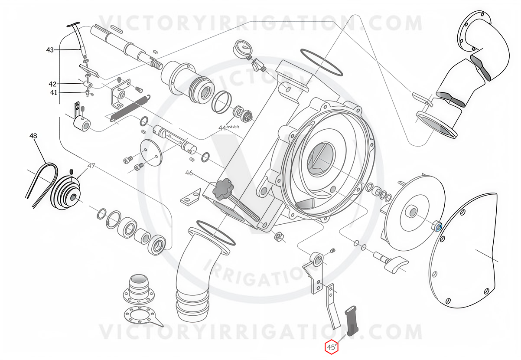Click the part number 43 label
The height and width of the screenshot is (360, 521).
click(x=50, y=50)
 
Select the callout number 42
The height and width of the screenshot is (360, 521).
click(x=52, y=84)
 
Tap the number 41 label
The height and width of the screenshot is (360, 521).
click(x=53, y=93)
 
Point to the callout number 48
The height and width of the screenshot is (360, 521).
click(x=33, y=136)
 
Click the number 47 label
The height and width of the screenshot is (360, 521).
click(x=91, y=166)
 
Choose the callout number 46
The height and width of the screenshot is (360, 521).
click(x=189, y=173)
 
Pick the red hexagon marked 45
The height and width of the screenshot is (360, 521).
click(x=332, y=347)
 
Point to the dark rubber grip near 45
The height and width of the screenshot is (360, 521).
click(x=352, y=321)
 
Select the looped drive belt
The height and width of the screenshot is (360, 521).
click(x=42, y=184)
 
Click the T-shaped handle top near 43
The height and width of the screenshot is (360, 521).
click(x=73, y=24)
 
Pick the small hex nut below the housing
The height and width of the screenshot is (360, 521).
click(x=278, y=237)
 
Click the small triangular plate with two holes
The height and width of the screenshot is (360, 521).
click(x=191, y=197)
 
